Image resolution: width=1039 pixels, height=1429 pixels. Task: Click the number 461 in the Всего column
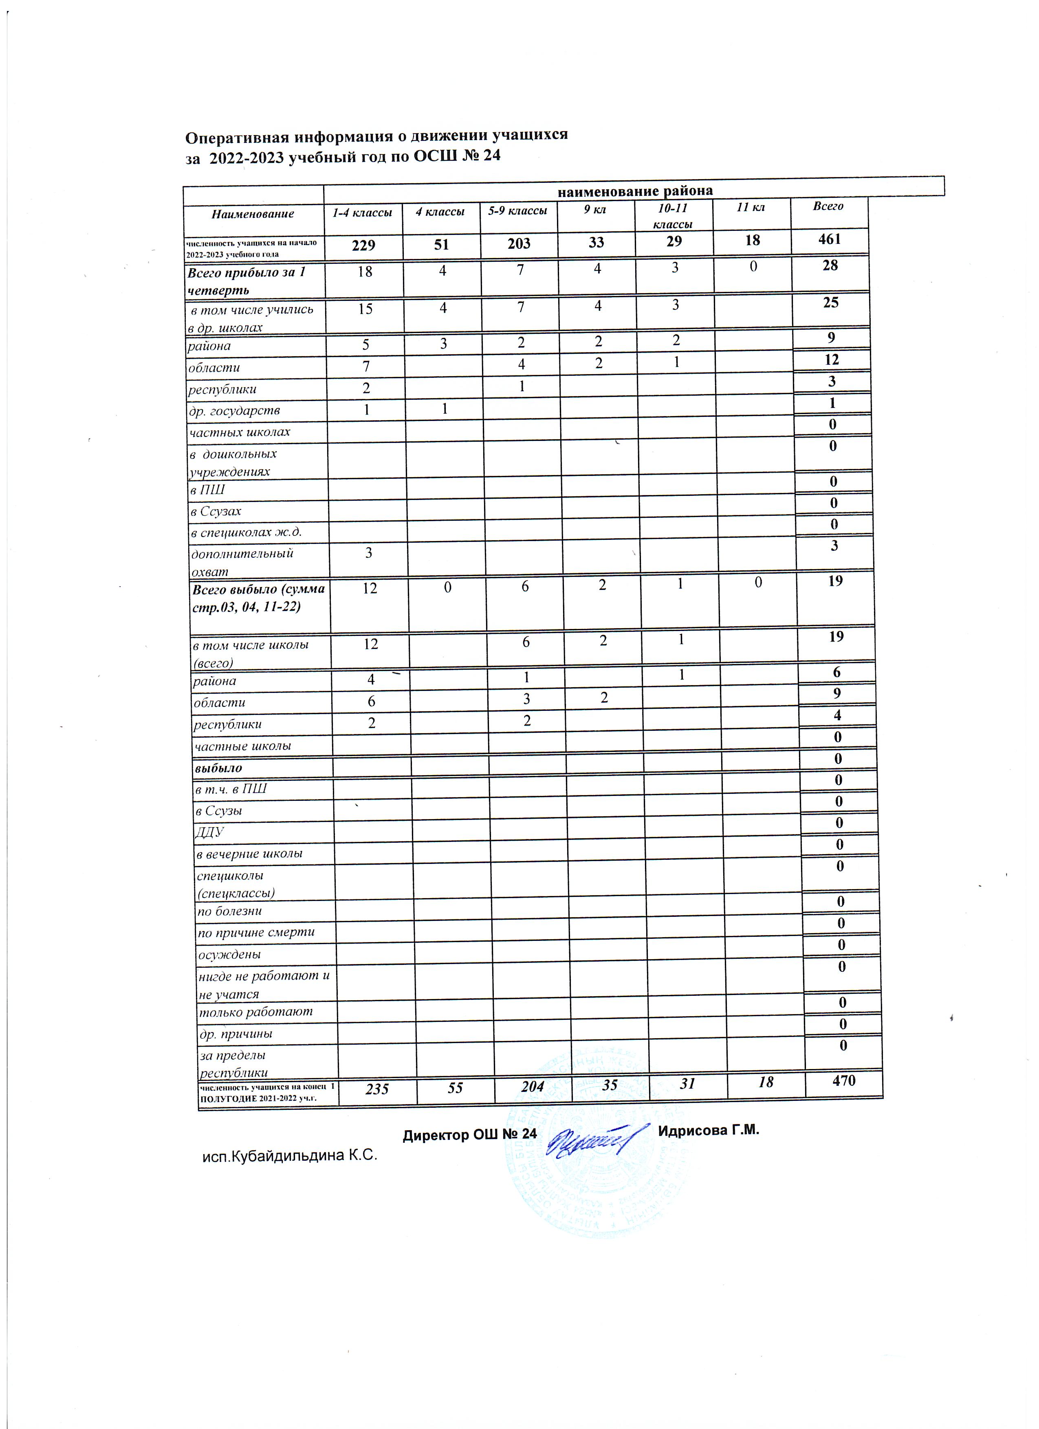coord(829,239)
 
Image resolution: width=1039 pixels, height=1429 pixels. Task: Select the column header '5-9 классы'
coord(517,210)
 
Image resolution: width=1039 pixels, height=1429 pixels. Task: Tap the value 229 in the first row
coord(364,244)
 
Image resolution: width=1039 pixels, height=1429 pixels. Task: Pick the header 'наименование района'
coord(634,190)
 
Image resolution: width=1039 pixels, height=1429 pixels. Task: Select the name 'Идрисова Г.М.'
coord(709,1130)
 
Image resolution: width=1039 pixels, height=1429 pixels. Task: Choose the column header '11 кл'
coord(751,207)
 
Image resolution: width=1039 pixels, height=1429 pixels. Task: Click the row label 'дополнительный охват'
coord(242,562)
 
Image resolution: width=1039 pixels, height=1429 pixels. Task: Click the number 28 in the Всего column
coord(830,265)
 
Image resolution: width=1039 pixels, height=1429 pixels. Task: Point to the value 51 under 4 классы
coord(441,244)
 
